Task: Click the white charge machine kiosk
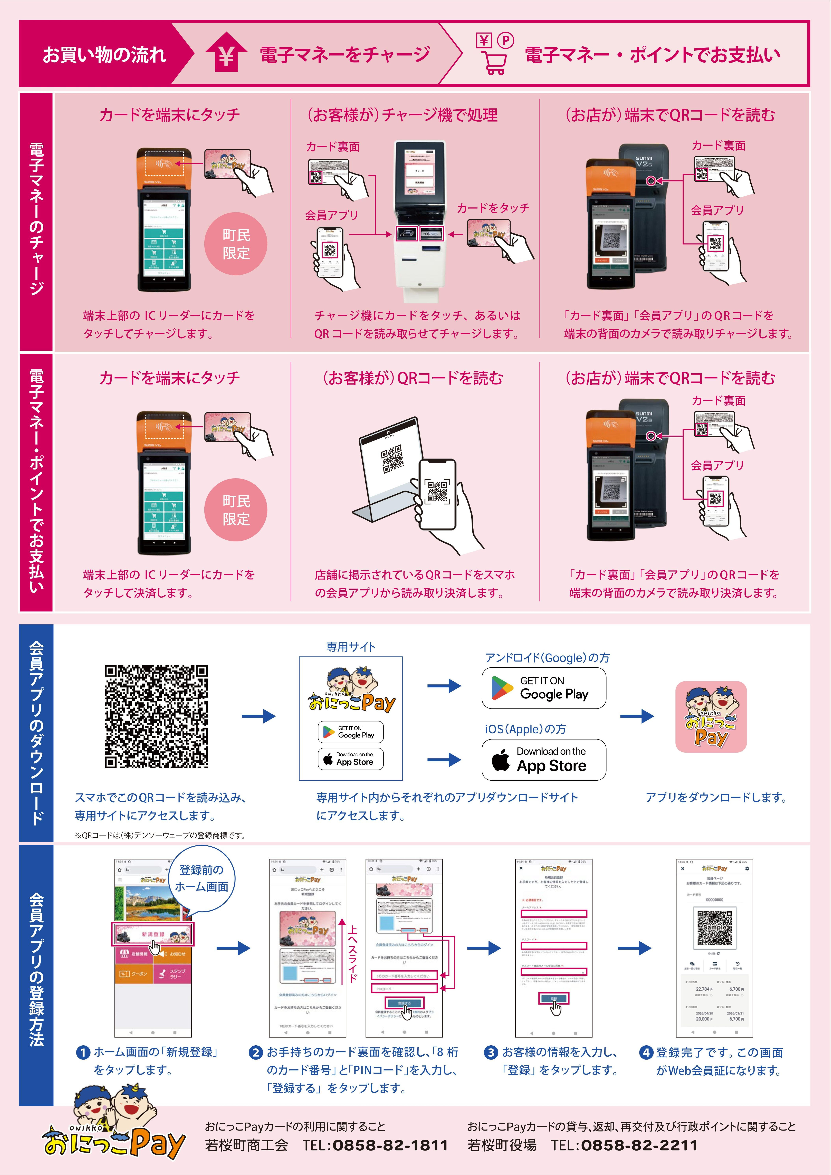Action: [420, 220]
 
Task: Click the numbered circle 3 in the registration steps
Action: [490, 1053]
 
